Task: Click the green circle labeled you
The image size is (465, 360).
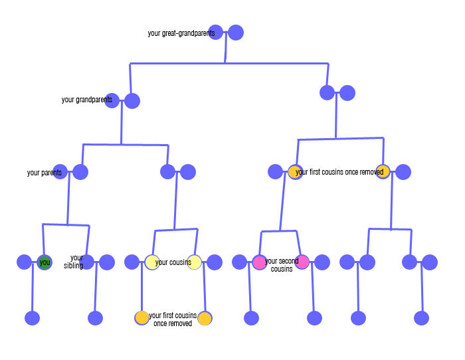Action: [x=45, y=262]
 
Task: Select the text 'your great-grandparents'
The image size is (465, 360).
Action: [x=181, y=33]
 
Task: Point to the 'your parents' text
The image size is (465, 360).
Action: [x=45, y=173]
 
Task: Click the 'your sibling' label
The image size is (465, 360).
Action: [x=77, y=262]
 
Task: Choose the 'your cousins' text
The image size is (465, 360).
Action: [x=173, y=262]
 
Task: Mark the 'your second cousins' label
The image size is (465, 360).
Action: [x=282, y=265]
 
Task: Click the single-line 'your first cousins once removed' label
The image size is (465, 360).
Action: [x=339, y=172]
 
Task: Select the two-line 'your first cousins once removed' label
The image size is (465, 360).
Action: [x=173, y=319]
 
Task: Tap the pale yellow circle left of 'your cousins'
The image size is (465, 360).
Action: [x=152, y=262]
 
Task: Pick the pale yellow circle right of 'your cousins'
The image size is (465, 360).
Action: [x=194, y=262]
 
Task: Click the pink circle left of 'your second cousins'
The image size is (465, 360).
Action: [x=259, y=262]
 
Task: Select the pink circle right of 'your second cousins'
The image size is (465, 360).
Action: [x=302, y=262]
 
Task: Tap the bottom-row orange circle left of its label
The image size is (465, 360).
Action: [x=142, y=317]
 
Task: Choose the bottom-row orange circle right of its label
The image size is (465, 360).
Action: [x=205, y=318]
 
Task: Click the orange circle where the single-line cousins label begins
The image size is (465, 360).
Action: [x=296, y=172]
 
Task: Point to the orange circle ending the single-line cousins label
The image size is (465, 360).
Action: [x=383, y=171]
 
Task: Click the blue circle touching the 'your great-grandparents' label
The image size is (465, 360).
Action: [x=216, y=32]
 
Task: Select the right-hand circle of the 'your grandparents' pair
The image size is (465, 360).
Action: [x=132, y=101]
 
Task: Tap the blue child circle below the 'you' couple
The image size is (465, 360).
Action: [x=33, y=318]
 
